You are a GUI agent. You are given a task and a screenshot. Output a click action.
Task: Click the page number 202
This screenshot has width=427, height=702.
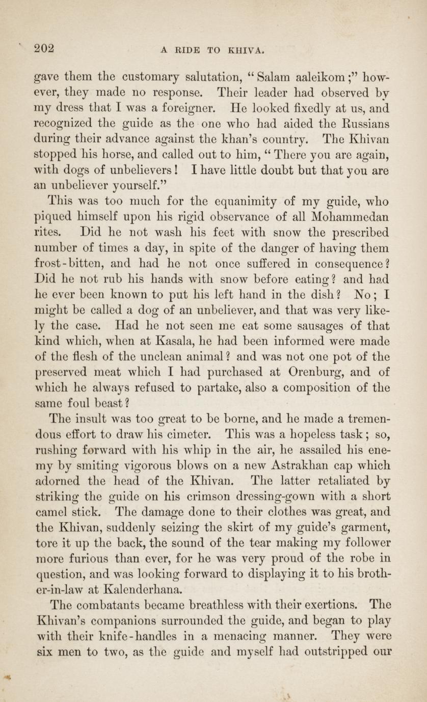[43, 49]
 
